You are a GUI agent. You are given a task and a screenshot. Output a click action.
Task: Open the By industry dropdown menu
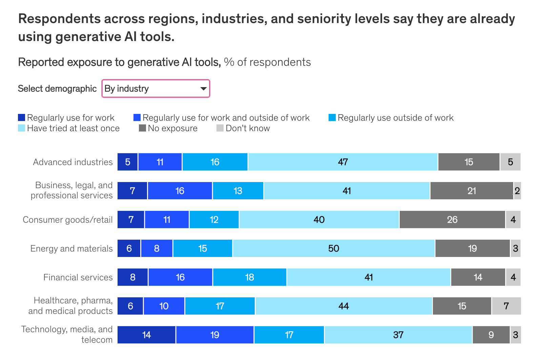click(x=156, y=88)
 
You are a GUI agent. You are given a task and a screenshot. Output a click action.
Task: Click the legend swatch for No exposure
click(x=142, y=128)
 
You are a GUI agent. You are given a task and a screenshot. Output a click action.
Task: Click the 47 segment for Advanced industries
click(x=343, y=162)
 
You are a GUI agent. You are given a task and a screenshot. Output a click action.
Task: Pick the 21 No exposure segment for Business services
click(x=472, y=191)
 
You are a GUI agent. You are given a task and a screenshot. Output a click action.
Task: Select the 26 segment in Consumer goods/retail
click(x=452, y=220)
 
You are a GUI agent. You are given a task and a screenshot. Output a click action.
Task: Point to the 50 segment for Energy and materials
click(x=334, y=248)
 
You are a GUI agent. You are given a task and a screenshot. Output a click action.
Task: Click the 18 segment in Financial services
click(x=250, y=277)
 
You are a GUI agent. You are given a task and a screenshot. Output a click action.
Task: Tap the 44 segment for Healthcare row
click(x=344, y=306)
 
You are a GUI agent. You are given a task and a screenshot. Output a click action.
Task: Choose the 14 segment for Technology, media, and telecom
click(x=146, y=335)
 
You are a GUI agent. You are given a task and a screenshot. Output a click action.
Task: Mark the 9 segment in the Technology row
click(x=491, y=335)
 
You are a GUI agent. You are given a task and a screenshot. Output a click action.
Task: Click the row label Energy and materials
click(x=71, y=248)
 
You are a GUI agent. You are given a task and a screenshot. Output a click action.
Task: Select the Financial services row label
click(x=78, y=277)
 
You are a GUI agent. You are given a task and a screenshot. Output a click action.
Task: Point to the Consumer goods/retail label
click(x=68, y=220)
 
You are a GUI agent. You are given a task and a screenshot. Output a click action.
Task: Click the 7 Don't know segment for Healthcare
click(x=506, y=306)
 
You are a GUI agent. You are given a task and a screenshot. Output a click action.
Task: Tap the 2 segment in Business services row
click(x=517, y=191)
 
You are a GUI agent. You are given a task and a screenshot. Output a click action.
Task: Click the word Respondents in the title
click(x=59, y=19)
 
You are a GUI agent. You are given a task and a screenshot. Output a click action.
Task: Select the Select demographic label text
click(x=57, y=88)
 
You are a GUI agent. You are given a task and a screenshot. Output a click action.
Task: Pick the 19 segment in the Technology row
click(x=215, y=335)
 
